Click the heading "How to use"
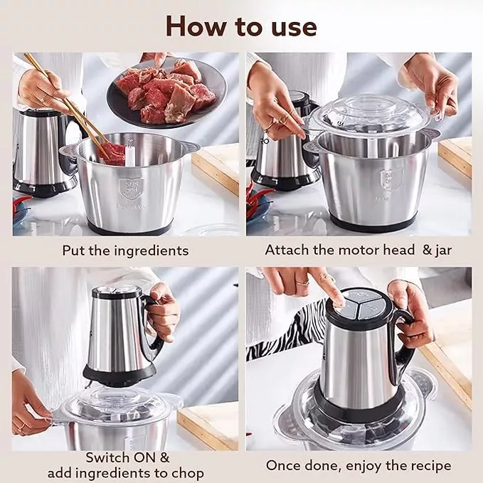pos(241,27)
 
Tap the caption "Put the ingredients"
pos(125,250)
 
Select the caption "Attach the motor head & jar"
pos(359,250)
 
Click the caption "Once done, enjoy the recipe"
pos(359,465)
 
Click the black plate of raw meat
pos(167,93)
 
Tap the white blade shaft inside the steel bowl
pos(130,153)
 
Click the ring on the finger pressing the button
pos(302,282)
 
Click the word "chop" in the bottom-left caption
pos(186,473)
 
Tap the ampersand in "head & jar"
pos(427,250)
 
